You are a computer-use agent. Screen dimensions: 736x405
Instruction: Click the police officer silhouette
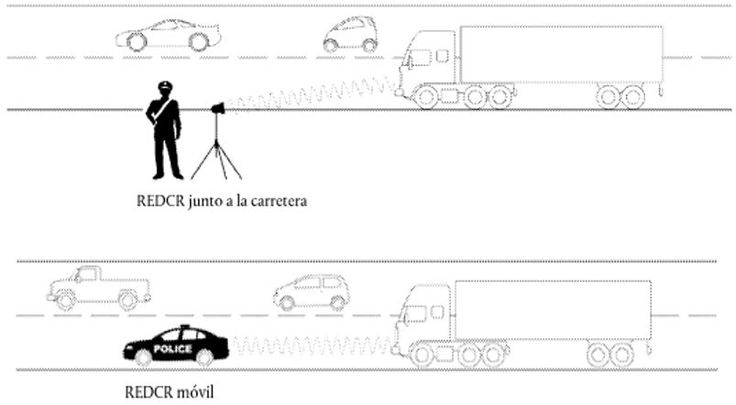click(163, 131)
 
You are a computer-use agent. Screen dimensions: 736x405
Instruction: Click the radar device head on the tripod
click(218, 109)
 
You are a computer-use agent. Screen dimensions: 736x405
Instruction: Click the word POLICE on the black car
click(172, 349)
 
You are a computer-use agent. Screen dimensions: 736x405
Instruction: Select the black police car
click(176, 345)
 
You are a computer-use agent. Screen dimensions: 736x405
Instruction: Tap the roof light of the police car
click(185, 326)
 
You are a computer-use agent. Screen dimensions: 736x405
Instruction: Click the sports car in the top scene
click(169, 35)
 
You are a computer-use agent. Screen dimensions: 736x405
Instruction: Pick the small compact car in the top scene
click(351, 34)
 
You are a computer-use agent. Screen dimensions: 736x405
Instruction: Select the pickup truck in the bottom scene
click(99, 288)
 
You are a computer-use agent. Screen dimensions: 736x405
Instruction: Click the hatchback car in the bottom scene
click(312, 292)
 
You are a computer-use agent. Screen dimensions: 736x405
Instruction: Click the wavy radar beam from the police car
click(312, 345)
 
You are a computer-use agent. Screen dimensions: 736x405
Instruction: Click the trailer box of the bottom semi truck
click(553, 310)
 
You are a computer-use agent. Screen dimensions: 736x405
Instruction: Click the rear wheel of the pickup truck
click(127, 301)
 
